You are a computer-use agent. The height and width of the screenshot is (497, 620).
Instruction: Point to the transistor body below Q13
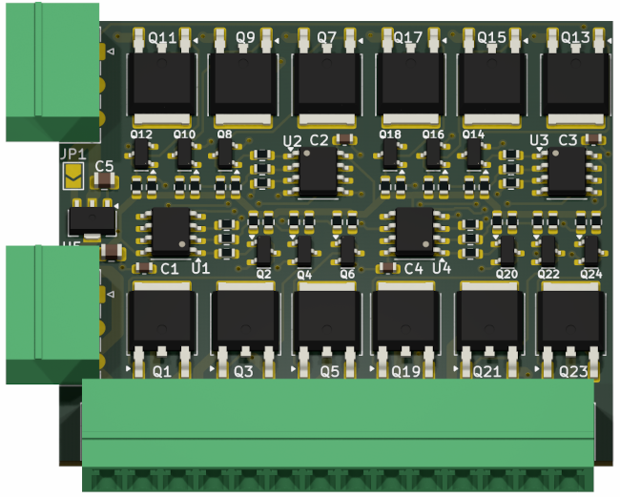click(x=574, y=84)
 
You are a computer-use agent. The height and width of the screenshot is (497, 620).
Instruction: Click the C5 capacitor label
click(x=103, y=166)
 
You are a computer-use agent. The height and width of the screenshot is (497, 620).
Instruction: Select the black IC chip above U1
click(x=173, y=232)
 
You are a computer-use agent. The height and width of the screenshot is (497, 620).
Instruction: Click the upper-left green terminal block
click(x=52, y=72)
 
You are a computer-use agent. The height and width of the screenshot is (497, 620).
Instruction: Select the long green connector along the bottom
click(x=338, y=434)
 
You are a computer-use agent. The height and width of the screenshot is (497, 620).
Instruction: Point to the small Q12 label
click(x=141, y=135)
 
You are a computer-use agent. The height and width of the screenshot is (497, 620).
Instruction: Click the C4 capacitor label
click(x=413, y=269)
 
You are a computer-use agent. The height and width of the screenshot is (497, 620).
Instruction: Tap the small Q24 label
click(x=591, y=274)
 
